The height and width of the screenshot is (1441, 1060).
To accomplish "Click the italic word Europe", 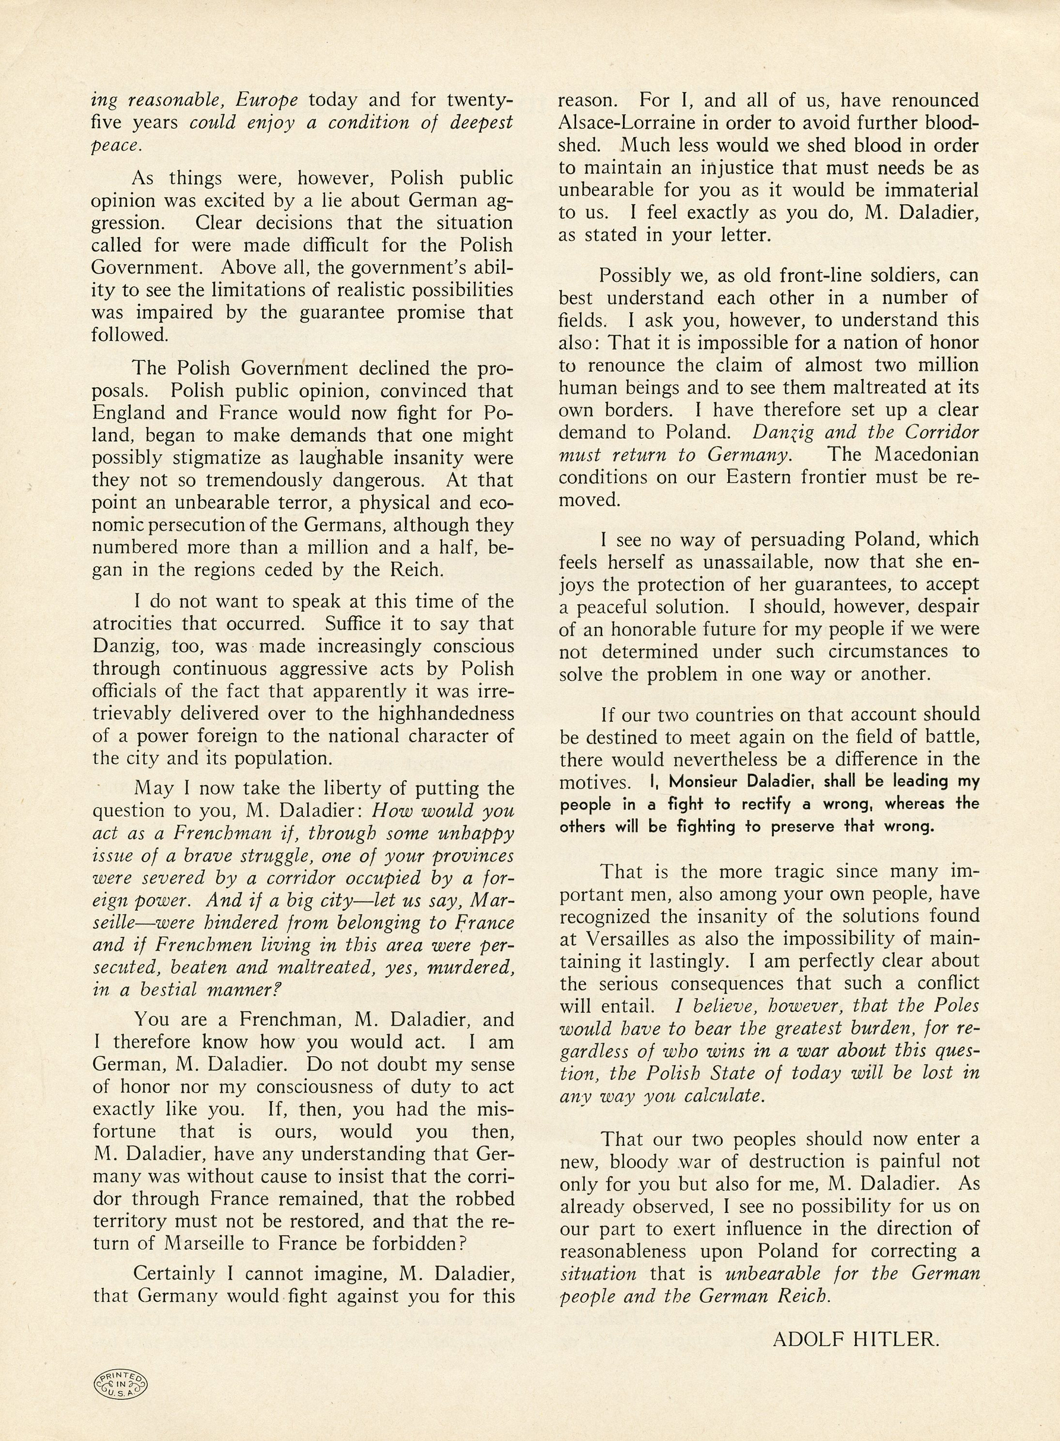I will pos(266,101).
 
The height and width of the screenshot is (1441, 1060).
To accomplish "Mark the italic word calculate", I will pos(726,1096).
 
